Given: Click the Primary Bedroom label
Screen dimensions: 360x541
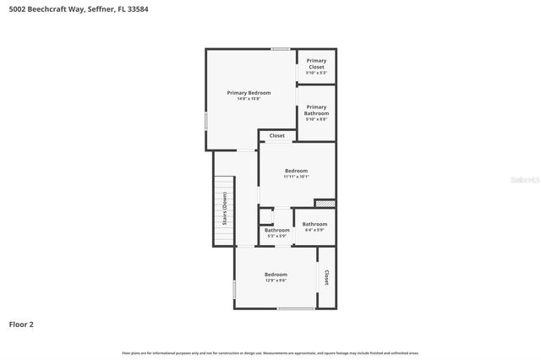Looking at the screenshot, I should [x=249, y=92].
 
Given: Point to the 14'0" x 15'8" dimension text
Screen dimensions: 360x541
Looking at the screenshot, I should [x=249, y=99].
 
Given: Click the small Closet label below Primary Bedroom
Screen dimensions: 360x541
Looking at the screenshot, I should [x=277, y=135].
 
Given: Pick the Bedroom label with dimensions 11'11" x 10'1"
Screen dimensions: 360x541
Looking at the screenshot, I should [x=296, y=171].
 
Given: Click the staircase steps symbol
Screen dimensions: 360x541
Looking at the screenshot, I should [x=223, y=211].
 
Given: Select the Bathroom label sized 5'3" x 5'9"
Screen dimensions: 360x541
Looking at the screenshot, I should [x=276, y=230].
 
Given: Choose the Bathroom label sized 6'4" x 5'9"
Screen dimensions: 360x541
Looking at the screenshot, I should [x=314, y=224].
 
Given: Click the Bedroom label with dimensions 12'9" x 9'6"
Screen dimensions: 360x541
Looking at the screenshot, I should [x=276, y=275].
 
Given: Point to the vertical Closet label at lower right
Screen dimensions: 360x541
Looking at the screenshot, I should [x=326, y=277].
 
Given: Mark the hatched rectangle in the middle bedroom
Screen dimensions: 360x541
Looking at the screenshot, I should [x=325, y=203].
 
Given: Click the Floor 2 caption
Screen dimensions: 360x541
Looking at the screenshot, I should [x=21, y=324].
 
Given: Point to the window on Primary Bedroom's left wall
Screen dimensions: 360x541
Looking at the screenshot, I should [x=206, y=122].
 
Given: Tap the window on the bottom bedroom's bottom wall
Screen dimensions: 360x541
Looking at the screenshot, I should [x=296, y=308].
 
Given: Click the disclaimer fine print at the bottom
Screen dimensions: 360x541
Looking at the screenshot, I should [x=270, y=352].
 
